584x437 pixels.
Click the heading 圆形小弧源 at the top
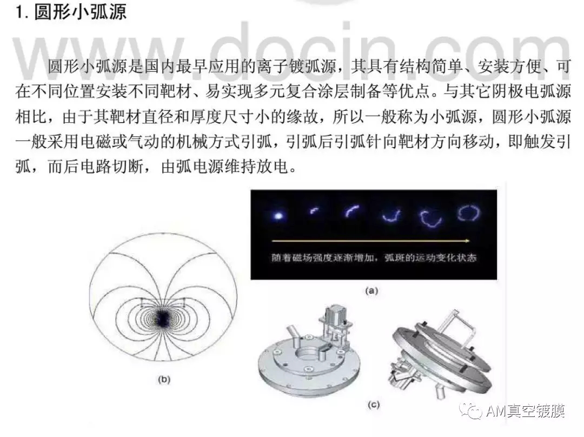pos(80,11)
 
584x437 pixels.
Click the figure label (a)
pos(371,290)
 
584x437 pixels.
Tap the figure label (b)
pos(164,380)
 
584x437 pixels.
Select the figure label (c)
pos(373,405)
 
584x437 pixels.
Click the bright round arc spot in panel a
pos(278,215)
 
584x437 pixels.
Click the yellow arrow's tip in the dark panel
pos(470,241)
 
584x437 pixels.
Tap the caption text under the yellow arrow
pos(374,257)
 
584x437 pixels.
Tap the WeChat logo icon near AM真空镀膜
pos(471,411)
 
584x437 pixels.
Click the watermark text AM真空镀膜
pos(525,411)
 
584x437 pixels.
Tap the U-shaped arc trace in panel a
pos(391,216)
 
